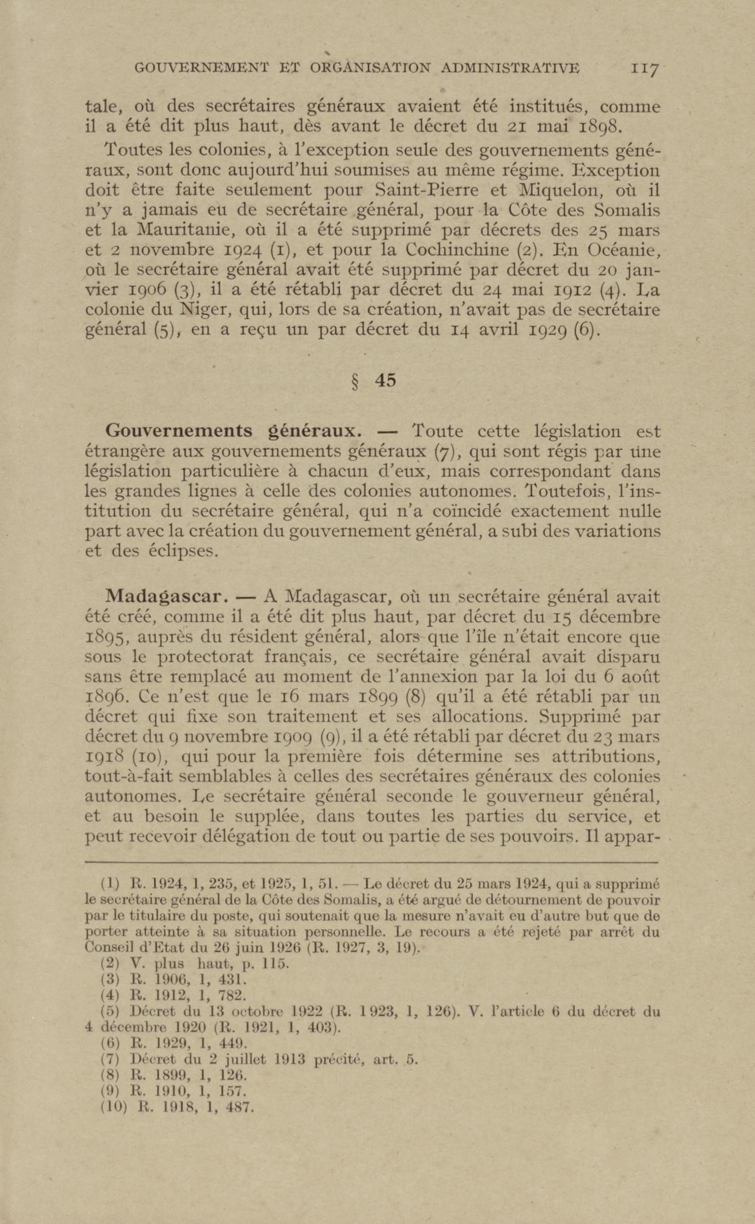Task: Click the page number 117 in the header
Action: coord(645,68)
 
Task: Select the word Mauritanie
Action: coord(180,230)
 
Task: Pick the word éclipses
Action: coord(184,551)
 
